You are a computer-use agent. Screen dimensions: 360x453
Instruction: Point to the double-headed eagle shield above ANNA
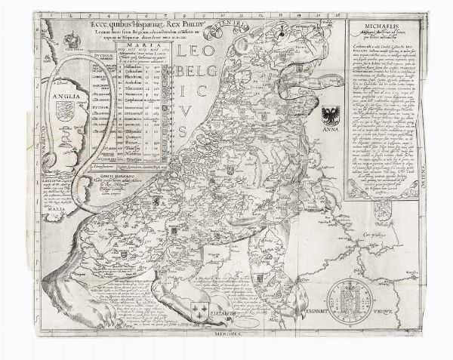pos(331,115)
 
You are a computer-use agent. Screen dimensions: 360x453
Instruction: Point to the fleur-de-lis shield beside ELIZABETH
pos(201,310)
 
